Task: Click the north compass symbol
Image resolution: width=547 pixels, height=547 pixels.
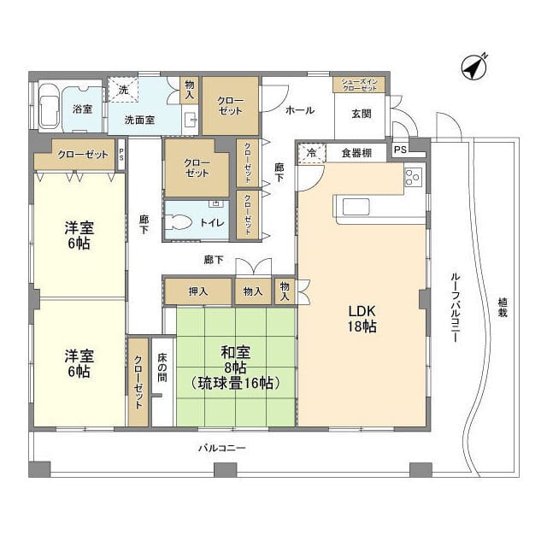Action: (474, 67)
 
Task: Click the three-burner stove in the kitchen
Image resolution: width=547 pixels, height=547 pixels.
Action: (414, 177)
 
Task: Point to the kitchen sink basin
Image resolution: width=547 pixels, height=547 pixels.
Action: (356, 207)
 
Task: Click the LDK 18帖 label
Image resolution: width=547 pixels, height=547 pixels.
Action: (362, 318)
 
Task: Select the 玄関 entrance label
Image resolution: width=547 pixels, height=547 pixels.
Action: (361, 114)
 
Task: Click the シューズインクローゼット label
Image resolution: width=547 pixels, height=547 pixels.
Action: (359, 85)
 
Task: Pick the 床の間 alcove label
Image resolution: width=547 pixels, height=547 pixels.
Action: (162, 368)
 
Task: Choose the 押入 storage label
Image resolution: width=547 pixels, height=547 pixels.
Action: (198, 291)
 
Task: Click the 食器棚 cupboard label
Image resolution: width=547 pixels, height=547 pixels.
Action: (356, 153)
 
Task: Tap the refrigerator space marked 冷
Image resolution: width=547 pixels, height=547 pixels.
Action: (311, 153)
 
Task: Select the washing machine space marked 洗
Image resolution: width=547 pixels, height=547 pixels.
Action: (123, 90)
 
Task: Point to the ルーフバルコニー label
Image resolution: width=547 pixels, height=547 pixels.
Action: (455, 307)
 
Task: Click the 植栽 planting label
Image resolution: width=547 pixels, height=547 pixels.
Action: (502, 307)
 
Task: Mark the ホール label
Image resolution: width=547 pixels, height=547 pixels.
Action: (300, 110)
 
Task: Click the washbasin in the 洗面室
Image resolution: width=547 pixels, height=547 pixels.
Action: (190, 121)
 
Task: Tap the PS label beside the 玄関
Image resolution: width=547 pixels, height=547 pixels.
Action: (400, 150)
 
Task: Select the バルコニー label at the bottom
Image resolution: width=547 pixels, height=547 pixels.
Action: (222, 448)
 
